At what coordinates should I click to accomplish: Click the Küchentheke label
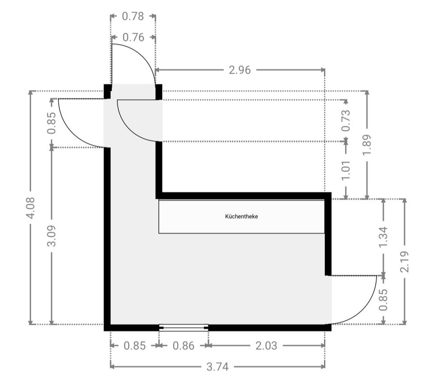tap(241, 216)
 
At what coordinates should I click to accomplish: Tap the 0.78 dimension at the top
tap(133, 16)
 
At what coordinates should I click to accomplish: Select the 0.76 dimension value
tap(133, 37)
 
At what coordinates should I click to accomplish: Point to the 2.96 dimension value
tap(240, 70)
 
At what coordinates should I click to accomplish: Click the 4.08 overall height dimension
tap(30, 208)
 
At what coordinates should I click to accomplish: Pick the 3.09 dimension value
tap(51, 236)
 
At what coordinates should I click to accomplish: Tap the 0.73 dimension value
tap(346, 121)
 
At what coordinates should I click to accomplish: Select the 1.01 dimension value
tap(346, 171)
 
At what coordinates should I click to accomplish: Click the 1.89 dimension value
tap(367, 145)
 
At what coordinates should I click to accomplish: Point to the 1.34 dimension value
tap(383, 237)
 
